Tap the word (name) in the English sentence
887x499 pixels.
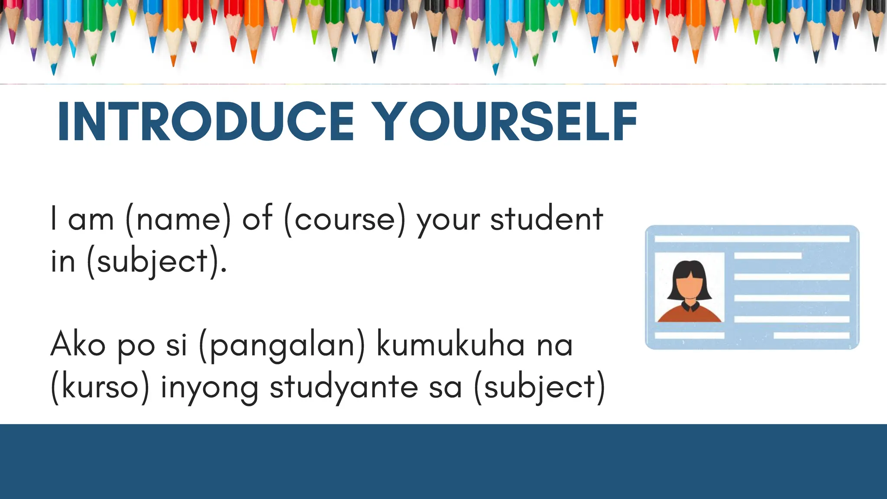178,219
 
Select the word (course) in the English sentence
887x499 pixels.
345,219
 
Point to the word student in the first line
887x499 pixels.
547,218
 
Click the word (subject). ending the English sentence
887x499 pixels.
156,262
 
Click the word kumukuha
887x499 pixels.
450,345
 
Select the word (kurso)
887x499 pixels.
100,387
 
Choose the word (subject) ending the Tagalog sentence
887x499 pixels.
540,387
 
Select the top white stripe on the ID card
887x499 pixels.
752,239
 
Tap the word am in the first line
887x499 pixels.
91,219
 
